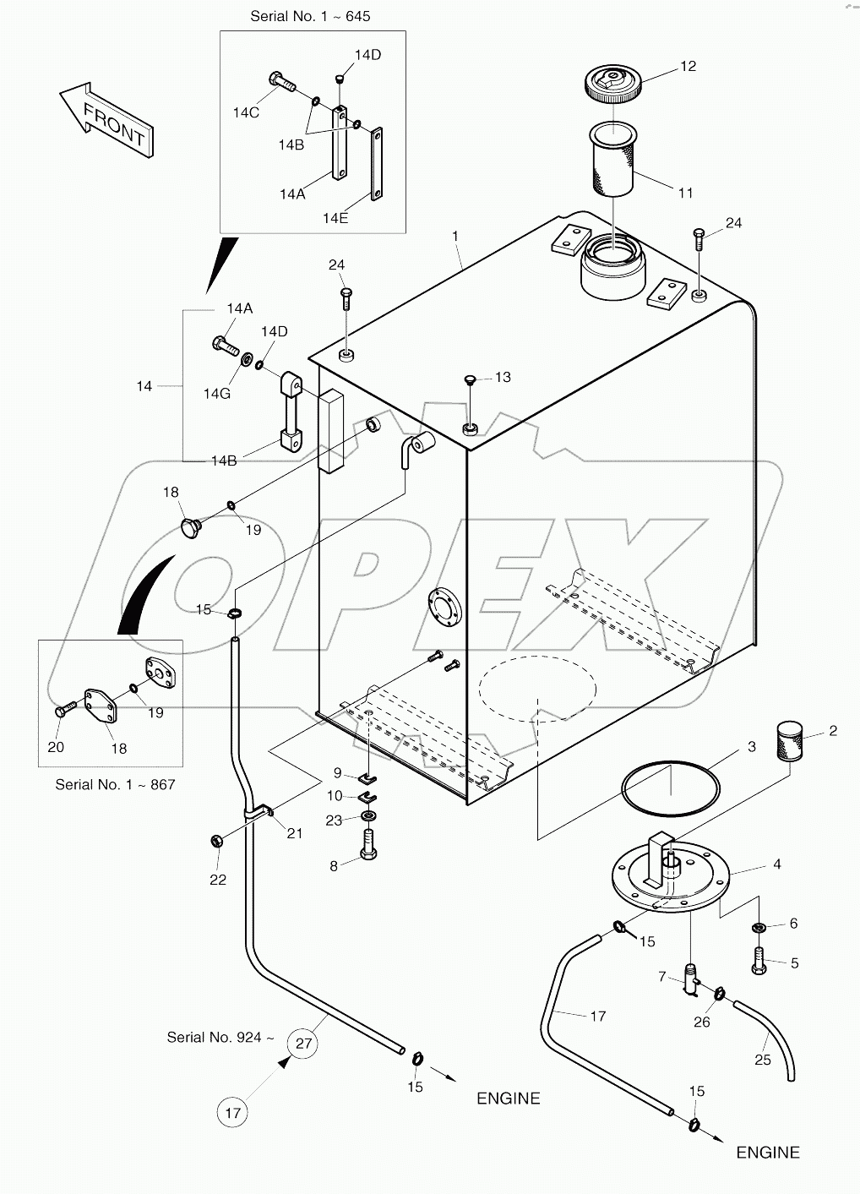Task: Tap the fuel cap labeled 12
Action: click(612, 85)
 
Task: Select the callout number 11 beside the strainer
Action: click(686, 193)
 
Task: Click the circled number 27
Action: click(304, 1043)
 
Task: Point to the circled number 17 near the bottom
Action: click(233, 1113)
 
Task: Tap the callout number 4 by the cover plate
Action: click(776, 864)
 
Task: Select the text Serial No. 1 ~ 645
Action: click(311, 16)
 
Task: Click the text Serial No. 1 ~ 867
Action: click(115, 784)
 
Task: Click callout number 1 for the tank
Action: click(456, 237)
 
